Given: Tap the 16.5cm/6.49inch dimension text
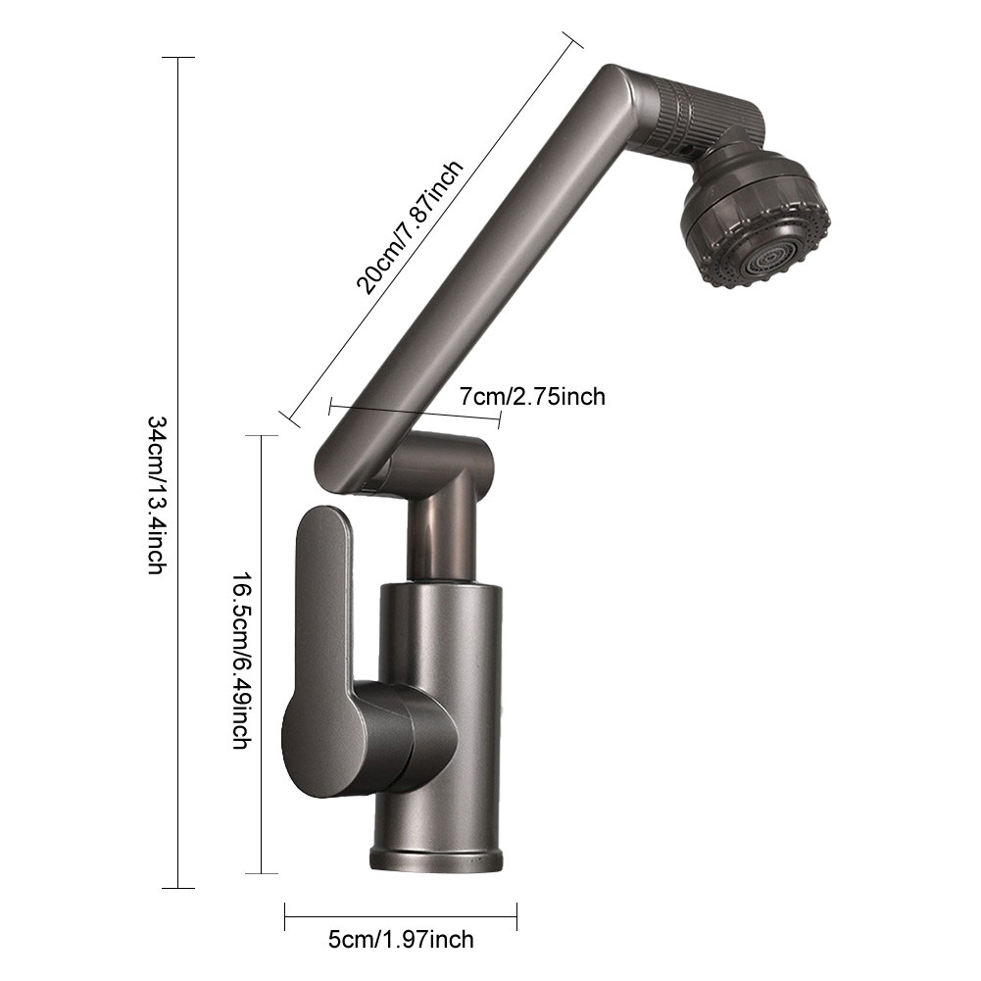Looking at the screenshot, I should click(x=239, y=662).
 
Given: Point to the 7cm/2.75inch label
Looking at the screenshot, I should click(x=532, y=396).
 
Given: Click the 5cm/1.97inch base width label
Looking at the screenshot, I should click(x=400, y=939).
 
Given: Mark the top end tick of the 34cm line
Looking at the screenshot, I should click(x=177, y=58).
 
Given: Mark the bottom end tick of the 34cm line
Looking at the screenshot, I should click(x=177, y=888).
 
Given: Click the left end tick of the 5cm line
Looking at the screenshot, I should click(x=284, y=917).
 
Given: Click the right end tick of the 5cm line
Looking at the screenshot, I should click(x=516, y=917).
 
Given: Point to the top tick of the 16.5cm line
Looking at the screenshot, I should click(x=261, y=435).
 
